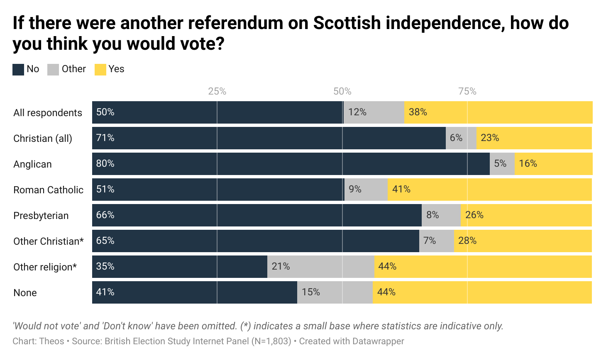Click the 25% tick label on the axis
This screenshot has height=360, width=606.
217,91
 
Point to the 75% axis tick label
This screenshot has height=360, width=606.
467,91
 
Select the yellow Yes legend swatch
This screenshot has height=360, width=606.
100,70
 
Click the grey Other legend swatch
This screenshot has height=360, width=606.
53,70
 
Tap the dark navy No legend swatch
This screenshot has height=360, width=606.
18,70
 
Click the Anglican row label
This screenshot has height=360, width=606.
32,164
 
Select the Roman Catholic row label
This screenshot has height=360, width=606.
48,190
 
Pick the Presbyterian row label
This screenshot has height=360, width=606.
41,216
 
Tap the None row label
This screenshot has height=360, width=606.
25,293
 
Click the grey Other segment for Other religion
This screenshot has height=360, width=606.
320,267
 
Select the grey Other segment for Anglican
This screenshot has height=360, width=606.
502,164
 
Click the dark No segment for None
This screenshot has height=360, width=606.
194,292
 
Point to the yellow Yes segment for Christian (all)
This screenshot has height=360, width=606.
534,138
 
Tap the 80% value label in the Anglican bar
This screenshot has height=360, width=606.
105,163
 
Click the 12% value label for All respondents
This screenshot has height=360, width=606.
357,112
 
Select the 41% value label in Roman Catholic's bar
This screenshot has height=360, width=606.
401,189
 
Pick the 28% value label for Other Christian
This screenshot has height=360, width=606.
467,241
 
